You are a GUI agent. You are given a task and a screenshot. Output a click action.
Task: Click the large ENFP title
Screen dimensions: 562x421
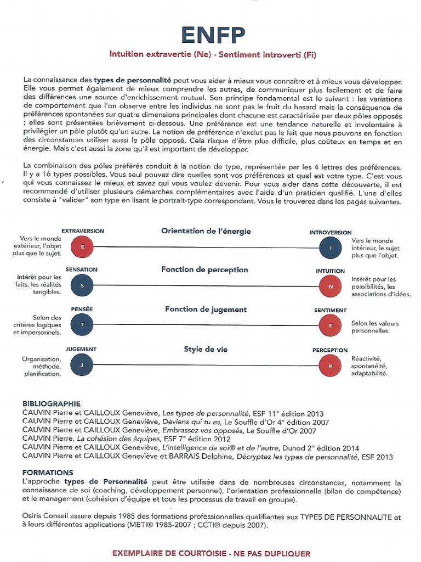213,35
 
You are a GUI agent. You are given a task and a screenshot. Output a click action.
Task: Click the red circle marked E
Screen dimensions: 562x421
83,247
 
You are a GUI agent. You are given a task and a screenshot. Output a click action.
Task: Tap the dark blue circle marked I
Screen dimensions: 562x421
331,248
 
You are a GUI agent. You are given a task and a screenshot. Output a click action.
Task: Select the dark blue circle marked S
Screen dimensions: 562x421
83,285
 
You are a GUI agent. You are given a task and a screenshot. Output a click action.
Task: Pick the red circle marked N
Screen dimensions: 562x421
331,286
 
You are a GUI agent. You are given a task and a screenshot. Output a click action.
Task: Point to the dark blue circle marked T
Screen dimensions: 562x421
83,325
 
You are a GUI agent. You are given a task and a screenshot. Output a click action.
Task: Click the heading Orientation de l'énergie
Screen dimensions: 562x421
206,231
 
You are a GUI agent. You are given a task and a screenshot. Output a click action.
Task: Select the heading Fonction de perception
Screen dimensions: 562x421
204,269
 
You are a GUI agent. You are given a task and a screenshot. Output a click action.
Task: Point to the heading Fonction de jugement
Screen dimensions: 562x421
206,310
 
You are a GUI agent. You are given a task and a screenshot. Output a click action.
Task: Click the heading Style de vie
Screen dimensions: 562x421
206,349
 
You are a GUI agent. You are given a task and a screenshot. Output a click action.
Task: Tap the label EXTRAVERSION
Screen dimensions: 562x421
83,231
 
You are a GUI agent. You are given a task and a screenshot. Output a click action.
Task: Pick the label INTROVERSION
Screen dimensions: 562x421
331,233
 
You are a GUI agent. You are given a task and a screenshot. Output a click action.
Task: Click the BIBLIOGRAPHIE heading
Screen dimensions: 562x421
52,403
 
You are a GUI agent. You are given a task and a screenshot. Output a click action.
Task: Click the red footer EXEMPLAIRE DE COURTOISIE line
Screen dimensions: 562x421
212,553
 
